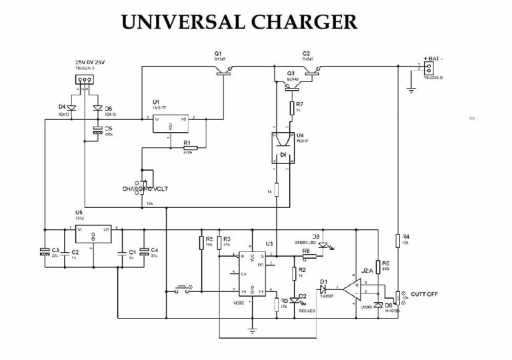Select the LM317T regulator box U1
coord(171,123)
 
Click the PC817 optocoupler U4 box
coord(281,148)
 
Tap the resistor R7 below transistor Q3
coord(291,107)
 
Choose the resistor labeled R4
coord(397,241)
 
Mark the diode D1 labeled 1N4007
coord(325,288)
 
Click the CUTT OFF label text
coord(425,294)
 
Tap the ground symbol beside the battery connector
coord(411,85)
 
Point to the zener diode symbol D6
coord(378,305)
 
